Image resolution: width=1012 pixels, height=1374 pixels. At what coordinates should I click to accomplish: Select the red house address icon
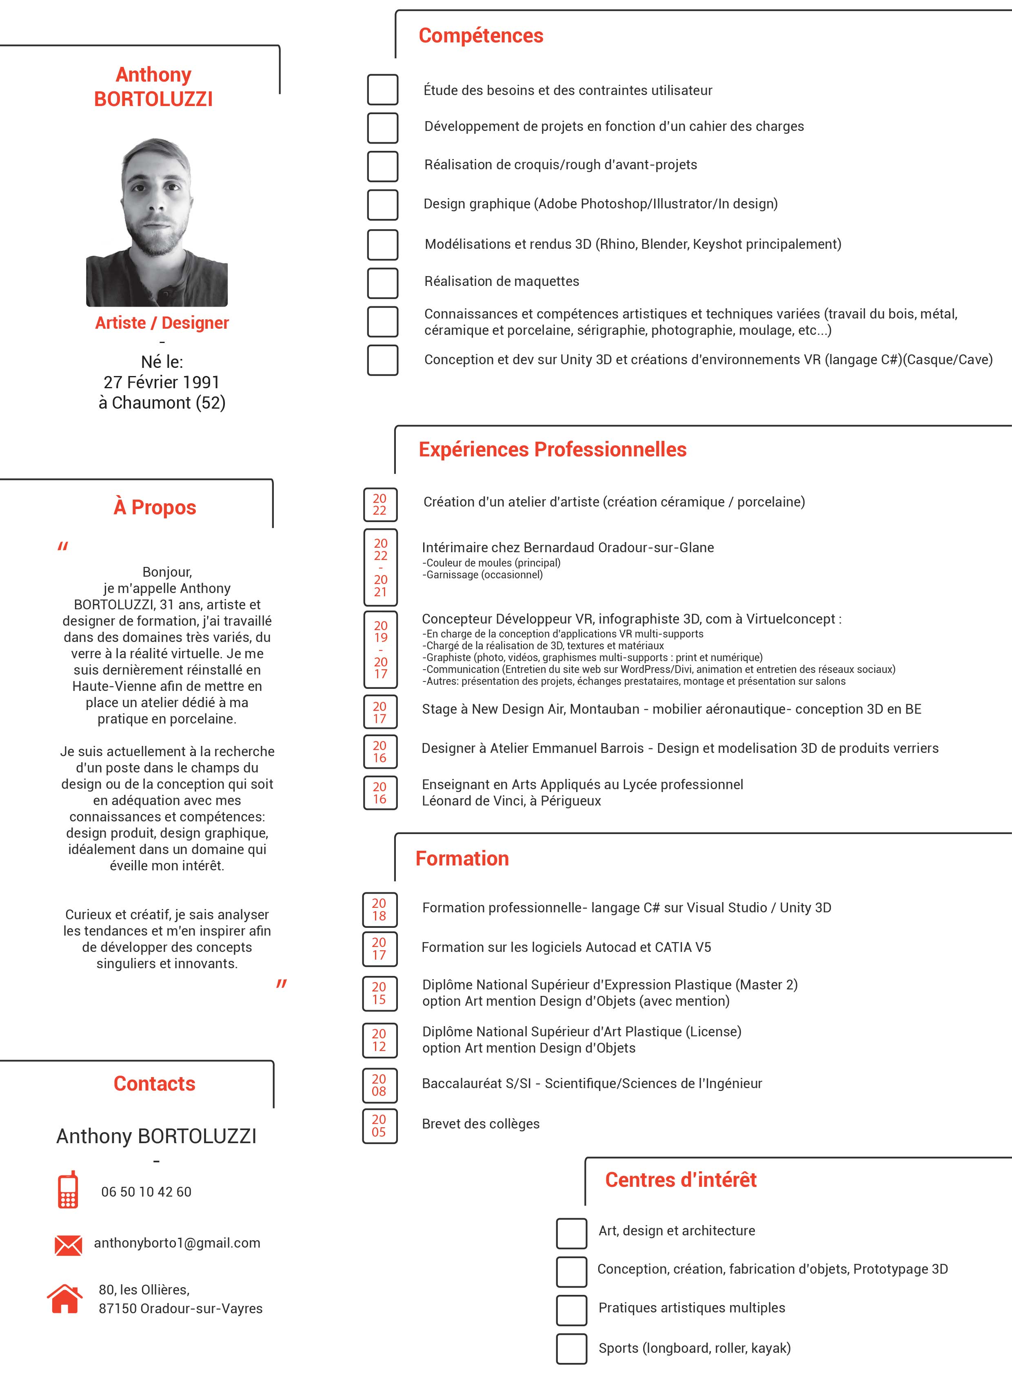(x=64, y=1298)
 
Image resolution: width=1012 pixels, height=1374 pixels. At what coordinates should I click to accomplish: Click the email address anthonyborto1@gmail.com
(x=177, y=1243)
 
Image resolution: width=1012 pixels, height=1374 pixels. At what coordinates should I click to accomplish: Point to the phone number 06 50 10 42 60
(x=146, y=1192)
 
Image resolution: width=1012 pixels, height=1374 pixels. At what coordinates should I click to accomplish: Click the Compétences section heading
(x=481, y=35)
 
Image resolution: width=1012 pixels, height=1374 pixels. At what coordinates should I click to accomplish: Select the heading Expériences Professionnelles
(x=552, y=449)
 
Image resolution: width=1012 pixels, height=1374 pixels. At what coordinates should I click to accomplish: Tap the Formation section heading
(x=462, y=858)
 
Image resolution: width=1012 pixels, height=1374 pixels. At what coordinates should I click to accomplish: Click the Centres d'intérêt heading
(x=681, y=1180)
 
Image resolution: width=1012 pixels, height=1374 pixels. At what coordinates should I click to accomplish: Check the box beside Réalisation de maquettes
(x=382, y=283)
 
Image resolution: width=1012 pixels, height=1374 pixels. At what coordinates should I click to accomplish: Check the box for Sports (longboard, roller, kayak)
(x=572, y=1349)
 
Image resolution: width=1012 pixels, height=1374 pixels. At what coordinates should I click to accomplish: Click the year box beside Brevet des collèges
(x=379, y=1125)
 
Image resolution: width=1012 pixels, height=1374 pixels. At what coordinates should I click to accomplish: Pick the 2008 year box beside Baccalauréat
(x=379, y=1085)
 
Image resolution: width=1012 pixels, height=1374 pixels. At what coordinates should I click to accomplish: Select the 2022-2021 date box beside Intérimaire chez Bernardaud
(x=380, y=567)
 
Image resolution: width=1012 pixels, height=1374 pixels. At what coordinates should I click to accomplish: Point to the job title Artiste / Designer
(x=162, y=323)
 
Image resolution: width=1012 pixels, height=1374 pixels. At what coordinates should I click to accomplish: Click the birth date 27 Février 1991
(x=162, y=382)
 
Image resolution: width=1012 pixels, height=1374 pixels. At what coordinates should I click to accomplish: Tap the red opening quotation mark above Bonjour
(x=62, y=546)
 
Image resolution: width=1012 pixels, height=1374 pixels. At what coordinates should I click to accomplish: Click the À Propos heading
(x=155, y=508)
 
